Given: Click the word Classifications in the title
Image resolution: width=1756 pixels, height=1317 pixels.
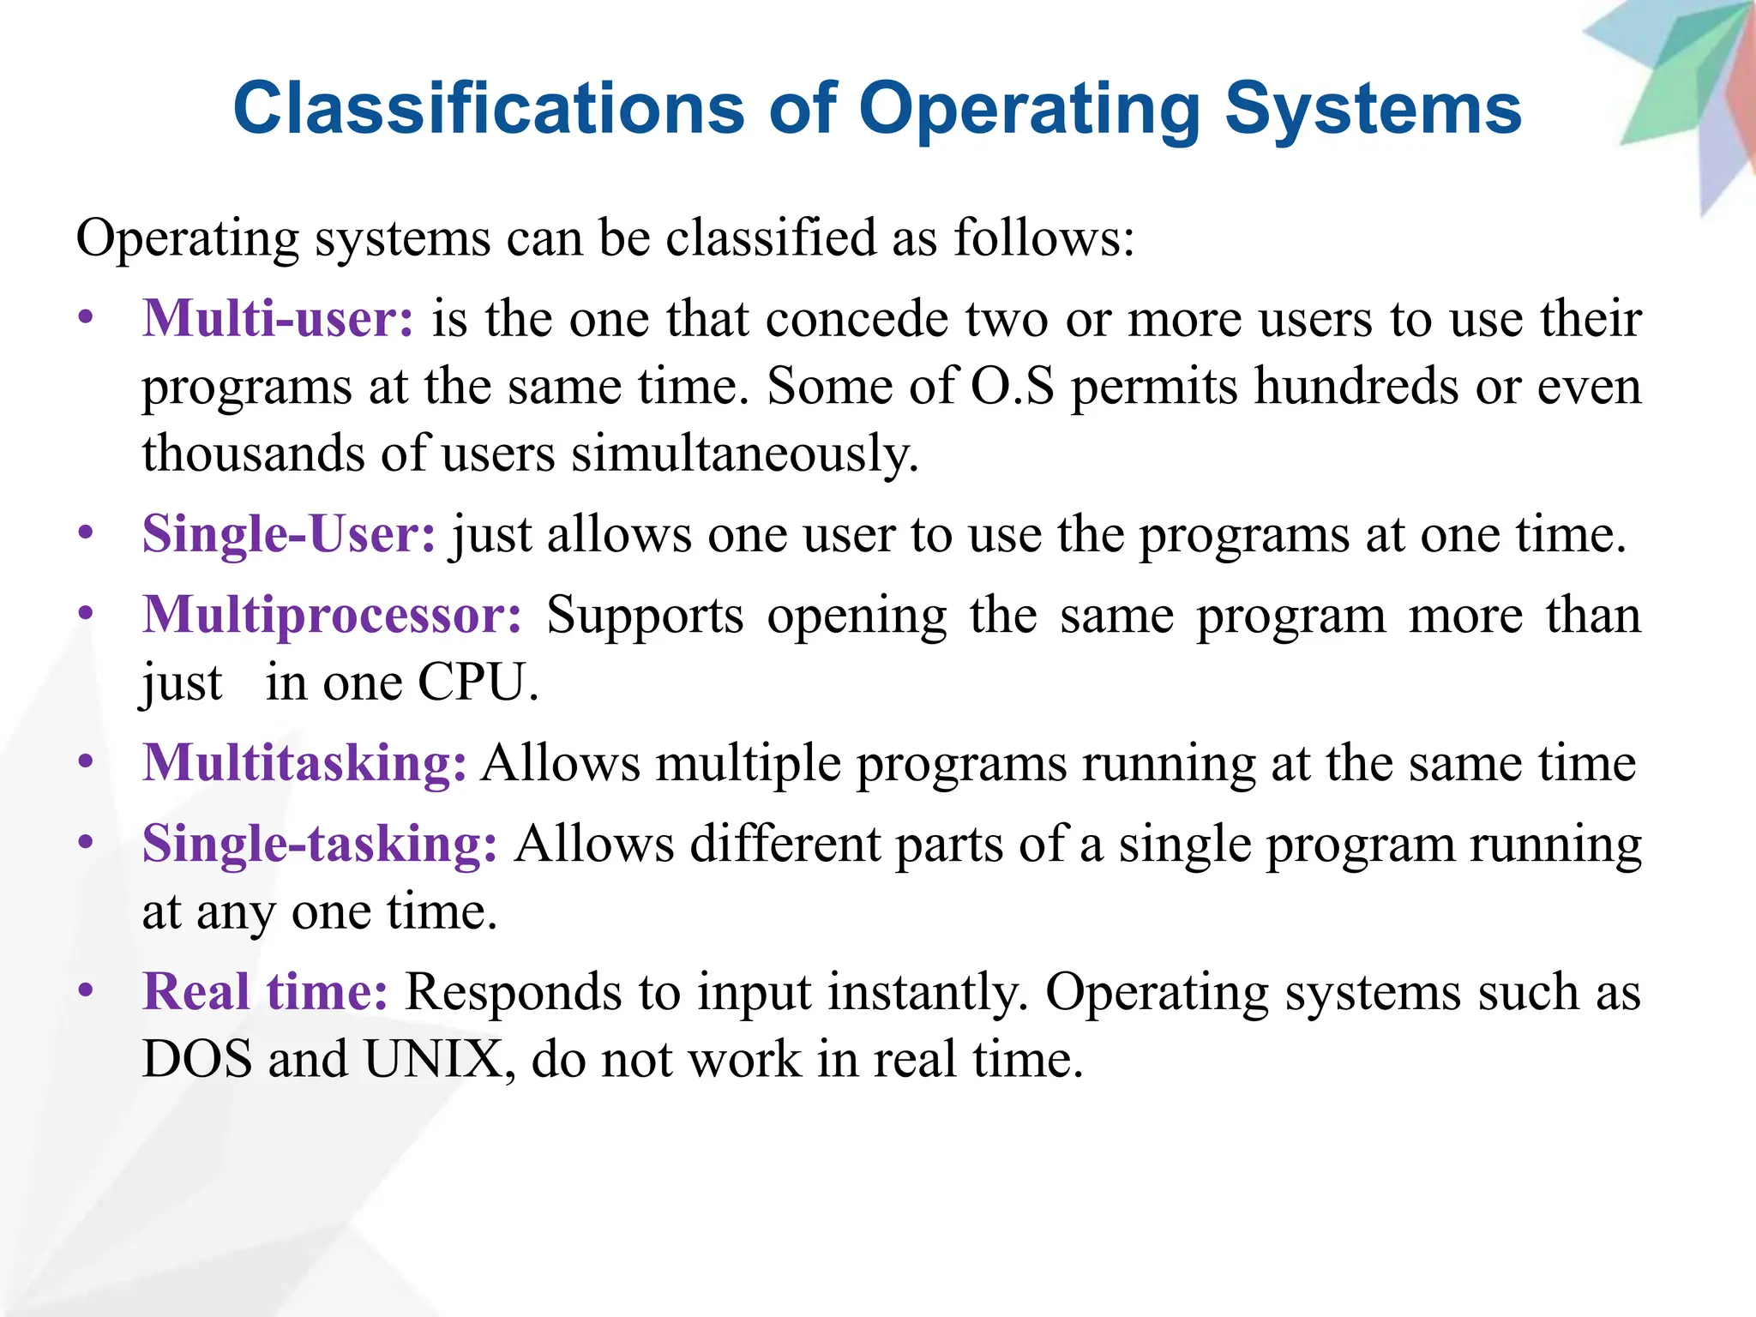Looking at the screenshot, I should click(x=489, y=109).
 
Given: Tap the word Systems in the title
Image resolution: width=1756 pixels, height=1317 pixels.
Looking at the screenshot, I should click(x=1373, y=109).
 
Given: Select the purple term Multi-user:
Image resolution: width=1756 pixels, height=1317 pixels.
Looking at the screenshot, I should click(x=278, y=318).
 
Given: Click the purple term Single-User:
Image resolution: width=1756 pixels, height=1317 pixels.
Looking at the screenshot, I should click(x=289, y=533).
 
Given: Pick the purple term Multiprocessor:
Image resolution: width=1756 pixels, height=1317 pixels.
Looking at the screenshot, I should click(x=332, y=615).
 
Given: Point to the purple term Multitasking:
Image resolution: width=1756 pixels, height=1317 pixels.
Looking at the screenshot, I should click(x=304, y=762).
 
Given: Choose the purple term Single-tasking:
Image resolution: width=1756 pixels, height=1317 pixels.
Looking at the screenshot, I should click(x=319, y=844).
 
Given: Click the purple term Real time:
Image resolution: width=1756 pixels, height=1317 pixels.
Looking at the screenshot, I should click(x=265, y=992).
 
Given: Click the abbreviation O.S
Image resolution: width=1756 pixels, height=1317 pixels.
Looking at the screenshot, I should click(x=1012, y=386).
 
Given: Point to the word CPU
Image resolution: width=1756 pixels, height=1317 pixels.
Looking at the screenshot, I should click(x=477, y=683).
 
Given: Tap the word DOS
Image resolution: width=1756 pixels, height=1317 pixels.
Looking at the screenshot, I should click(x=197, y=1059).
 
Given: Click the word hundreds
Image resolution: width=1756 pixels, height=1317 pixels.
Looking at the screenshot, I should click(x=1356, y=386).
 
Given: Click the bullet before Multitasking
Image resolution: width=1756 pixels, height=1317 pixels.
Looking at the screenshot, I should click(x=85, y=761).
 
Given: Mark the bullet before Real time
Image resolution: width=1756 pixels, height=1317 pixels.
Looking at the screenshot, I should click(x=85, y=990).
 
